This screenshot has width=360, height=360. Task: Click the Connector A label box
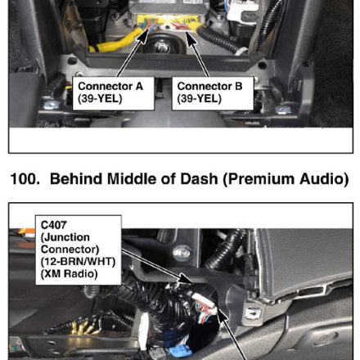click(114, 93)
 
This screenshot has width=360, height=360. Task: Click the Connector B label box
click(213, 93)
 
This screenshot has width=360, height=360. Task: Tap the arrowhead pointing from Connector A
click(143, 38)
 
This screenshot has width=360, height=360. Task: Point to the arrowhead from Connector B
click(191, 38)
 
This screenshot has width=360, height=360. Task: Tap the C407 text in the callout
click(54, 225)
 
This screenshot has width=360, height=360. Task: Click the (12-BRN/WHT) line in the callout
click(78, 262)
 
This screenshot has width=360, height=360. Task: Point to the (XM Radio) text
click(69, 274)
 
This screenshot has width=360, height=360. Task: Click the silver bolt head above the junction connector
click(182, 253)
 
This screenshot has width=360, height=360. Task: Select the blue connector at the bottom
click(179, 351)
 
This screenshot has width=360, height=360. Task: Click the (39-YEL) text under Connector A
click(100, 99)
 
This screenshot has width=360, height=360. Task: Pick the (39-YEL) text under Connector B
click(199, 99)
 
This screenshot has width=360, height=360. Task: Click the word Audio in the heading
click(324, 180)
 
